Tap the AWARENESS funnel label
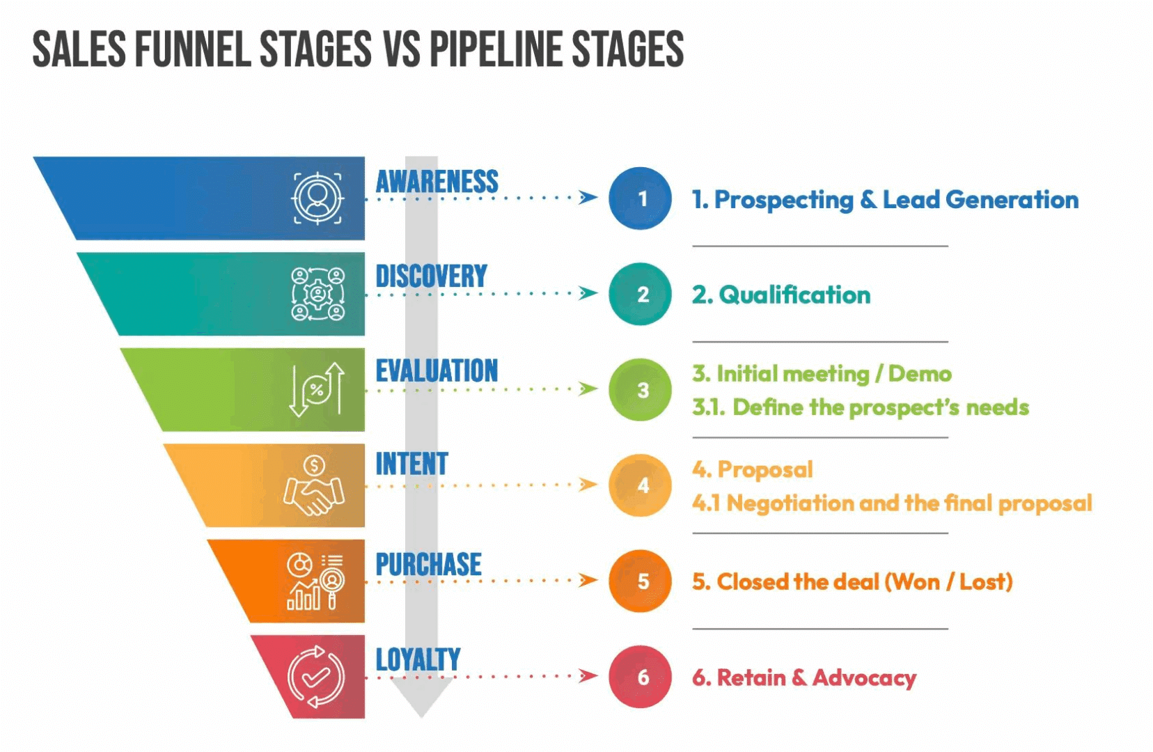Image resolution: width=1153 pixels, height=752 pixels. (x=437, y=182)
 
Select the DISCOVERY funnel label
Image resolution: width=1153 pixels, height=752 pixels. (x=431, y=276)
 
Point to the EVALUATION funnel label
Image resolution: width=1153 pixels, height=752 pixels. (x=437, y=371)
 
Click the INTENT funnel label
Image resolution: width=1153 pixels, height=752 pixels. (x=411, y=464)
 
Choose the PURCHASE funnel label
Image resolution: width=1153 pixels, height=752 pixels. (x=428, y=565)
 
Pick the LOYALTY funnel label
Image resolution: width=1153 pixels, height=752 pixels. (x=418, y=659)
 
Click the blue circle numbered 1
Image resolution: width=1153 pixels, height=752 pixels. (x=640, y=198)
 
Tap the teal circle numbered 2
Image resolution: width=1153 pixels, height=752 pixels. (x=640, y=294)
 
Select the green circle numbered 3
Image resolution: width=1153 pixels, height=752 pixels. (x=640, y=389)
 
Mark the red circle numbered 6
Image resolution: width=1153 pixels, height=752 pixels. (x=640, y=677)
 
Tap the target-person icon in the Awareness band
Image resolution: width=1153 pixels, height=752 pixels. (x=317, y=198)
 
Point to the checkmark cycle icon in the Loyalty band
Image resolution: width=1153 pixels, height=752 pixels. (x=315, y=676)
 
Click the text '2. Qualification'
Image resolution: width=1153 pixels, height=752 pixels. (x=781, y=295)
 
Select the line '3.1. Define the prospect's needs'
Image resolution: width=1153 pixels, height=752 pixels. (x=860, y=407)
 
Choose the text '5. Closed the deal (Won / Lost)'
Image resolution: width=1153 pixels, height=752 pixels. (x=852, y=581)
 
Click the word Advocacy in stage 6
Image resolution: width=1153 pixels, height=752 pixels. (x=864, y=677)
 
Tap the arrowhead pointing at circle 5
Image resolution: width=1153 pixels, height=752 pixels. (x=588, y=580)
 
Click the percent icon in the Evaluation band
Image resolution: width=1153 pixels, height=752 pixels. (x=317, y=389)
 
